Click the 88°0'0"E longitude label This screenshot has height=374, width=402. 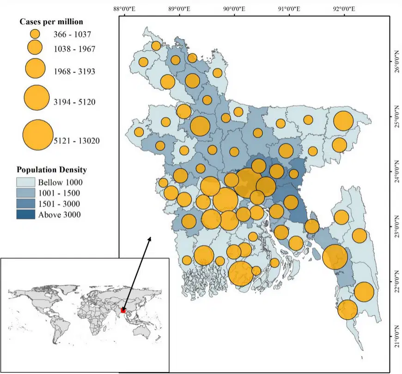pyautogui.click(x=124, y=9)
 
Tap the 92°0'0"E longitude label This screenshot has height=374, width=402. pyautogui.click(x=344, y=9)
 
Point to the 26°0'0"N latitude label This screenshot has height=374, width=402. pyautogui.click(x=397, y=61)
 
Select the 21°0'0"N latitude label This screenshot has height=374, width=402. pyautogui.click(x=397, y=337)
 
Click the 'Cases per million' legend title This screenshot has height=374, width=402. pyautogui.click(x=51, y=22)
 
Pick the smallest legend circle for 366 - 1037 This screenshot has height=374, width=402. pyautogui.click(x=35, y=34)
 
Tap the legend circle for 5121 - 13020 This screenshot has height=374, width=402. pyautogui.click(x=38, y=135)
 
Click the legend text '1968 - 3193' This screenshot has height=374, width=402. pyautogui.click(x=74, y=71)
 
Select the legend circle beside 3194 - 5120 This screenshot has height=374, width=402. pyautogui.click(x=37, y=98)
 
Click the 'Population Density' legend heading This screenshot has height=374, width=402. pyautogui.click(x=52, y=170)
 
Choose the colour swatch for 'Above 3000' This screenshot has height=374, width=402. pyautogui.click(x=25, y=215)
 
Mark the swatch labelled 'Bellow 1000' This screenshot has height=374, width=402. pyautogui.click(x=25, y=182)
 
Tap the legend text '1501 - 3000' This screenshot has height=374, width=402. pyautogui.click(x=59, y=204)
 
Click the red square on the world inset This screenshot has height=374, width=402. pyautogui.click(x=123, y=310)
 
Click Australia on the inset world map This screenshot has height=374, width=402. pyautogui.click(x=141, y=332)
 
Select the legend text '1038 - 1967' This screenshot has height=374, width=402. pyautogui.click(x=74, y=49)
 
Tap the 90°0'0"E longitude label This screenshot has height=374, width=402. pyautogui.click(x=234, y=9)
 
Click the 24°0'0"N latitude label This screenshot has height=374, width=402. pyautogui.click(x=397, y=172)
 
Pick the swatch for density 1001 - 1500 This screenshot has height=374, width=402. pyautogui.click(x=25, y=193)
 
